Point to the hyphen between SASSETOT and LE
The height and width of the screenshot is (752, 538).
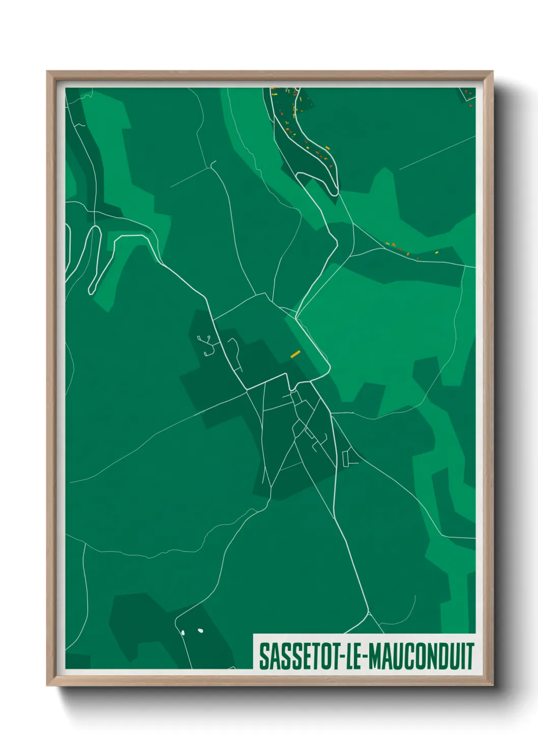point(344,657)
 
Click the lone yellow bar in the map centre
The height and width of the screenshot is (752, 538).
point(295,354)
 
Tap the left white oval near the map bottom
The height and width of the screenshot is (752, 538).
point(183,633)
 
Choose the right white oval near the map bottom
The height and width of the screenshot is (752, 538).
point(200,631)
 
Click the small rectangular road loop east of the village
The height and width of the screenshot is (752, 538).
point(346,458)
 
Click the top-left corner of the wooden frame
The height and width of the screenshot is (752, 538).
point(47,72)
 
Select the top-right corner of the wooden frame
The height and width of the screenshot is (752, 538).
point(492,72)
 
